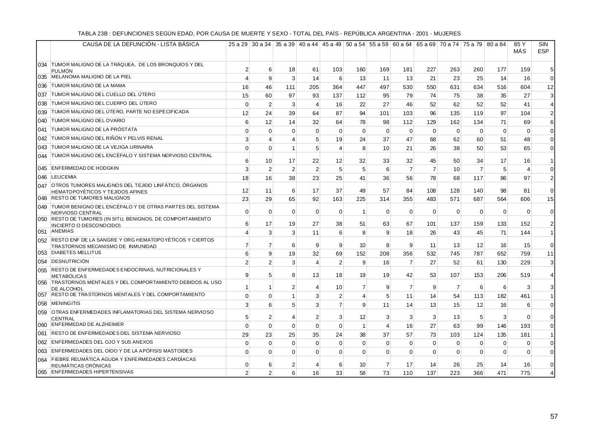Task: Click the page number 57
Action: (554, 416)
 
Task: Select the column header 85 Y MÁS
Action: (520, 48)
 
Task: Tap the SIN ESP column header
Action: (543, 48)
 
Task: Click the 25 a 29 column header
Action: (238, 44)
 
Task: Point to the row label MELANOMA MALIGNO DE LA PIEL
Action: (91, 76)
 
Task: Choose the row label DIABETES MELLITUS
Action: (76, 253)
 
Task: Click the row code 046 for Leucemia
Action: (43, 178)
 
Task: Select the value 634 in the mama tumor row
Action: (478, 87)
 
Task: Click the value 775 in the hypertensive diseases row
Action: (525, 373)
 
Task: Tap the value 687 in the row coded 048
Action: (478, 199)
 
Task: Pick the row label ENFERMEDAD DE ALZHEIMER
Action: (88, 325)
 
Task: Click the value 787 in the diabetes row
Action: (478, 254)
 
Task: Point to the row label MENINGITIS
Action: (65, 304)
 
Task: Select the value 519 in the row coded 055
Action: (525, 275)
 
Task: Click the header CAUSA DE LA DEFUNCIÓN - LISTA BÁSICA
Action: (141, 44)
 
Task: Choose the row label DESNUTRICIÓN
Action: (69, 262)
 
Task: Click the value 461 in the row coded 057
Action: (525, 296)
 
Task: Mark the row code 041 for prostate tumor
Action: (43, 130)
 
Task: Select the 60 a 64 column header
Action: (402, 44)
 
